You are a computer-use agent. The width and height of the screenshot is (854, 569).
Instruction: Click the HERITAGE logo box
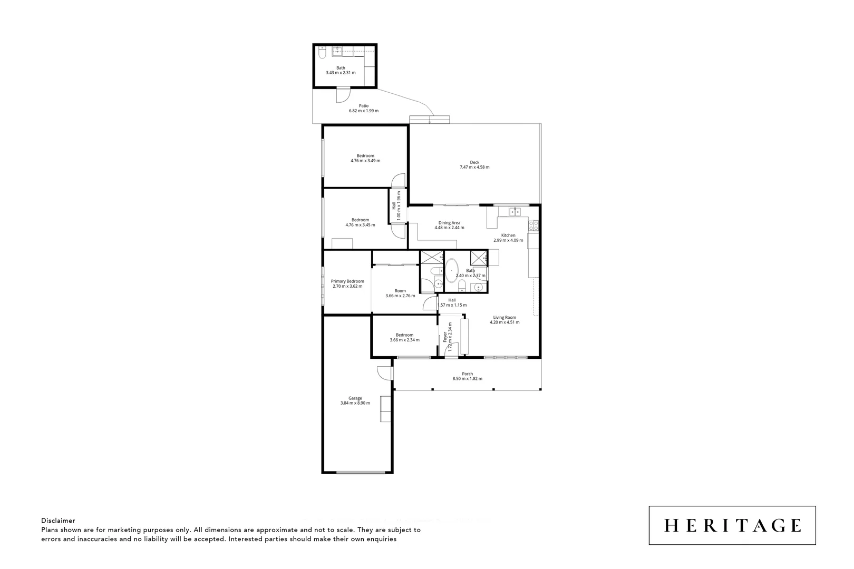click(x=732, y=525)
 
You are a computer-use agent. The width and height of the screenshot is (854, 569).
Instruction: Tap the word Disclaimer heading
click(x=58, y=521)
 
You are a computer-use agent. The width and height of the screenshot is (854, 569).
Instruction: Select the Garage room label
click(x=355, y=398)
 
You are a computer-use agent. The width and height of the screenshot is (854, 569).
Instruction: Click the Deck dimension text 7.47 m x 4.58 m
click(x=474, y=168)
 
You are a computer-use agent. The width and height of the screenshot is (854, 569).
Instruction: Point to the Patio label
click(x=364, y=105)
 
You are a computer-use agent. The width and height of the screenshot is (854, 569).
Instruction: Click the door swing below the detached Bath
click(x=343, y=95)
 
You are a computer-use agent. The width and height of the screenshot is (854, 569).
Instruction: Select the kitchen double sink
click(x=515, y=212)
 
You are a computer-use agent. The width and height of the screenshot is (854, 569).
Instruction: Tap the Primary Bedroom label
click(x=347, y=281)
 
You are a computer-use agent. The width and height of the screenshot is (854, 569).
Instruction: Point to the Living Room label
click(x=504, y=318)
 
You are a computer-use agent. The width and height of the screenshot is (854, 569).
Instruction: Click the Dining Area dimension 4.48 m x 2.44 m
click(x=449, y=228)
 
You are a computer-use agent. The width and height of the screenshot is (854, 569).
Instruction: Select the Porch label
click(x=467, y=374)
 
